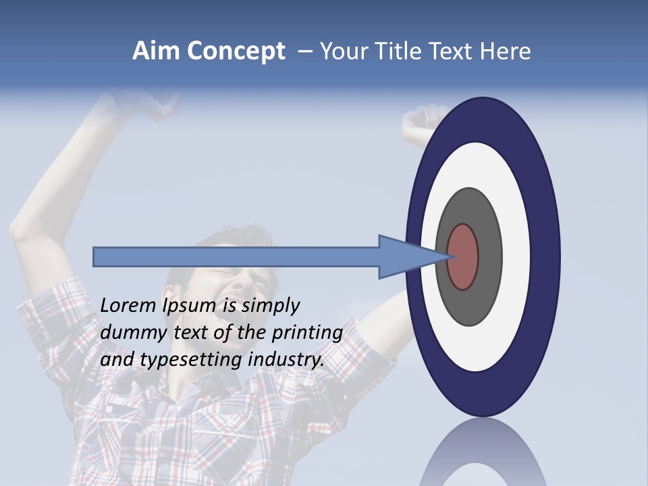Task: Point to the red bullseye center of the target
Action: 463,257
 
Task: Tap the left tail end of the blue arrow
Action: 97,257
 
